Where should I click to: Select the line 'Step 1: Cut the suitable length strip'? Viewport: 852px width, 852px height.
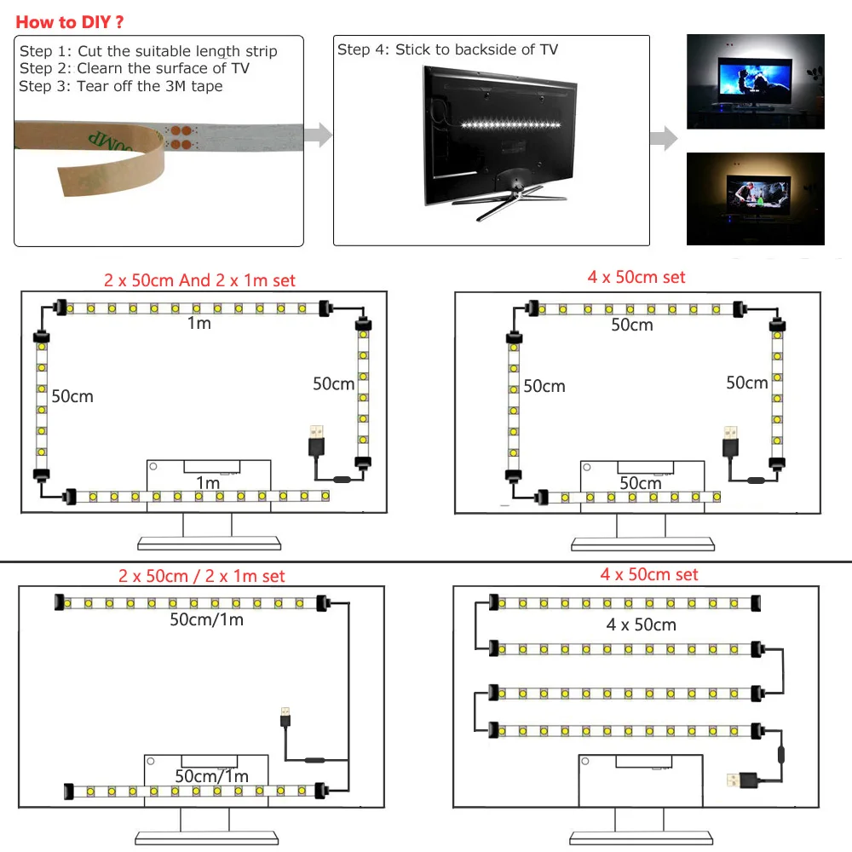point(148,51)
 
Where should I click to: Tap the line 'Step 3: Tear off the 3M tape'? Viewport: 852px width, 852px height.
point(120,85)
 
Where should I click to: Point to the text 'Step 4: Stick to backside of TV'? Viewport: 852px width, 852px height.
point(447,49)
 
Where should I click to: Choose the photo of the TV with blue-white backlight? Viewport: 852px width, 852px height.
point(755,82)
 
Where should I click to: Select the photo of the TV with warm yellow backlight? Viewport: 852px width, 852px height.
point(755,199)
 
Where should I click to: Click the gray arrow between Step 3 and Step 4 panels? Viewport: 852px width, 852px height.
point(318,135)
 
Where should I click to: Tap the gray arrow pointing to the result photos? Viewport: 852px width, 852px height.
point(664,138)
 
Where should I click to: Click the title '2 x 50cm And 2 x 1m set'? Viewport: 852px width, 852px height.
point(199,280)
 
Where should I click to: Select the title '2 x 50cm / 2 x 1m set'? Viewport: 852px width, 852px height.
point(201,577)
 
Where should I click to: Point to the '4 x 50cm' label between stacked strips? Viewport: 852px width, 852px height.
point(641,625)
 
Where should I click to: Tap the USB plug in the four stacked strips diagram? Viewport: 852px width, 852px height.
point(738,780)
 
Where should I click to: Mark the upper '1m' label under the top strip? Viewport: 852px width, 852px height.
point(199,323)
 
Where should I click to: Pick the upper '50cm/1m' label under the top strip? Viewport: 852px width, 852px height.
point(206,619)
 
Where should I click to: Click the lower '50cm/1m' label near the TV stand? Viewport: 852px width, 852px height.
point(211,776)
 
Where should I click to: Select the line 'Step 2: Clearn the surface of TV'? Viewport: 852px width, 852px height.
point(134,68)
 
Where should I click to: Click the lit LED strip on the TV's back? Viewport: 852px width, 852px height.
point(511,124)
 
